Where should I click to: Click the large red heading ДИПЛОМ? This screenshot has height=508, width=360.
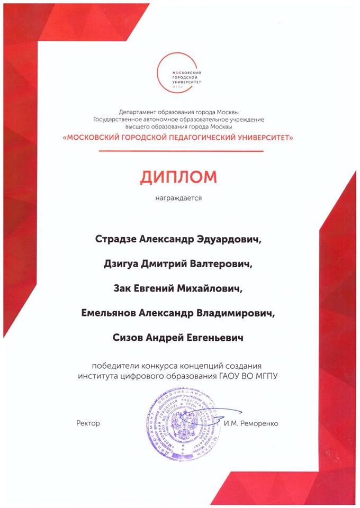coord(178,177)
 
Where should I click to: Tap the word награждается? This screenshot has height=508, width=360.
coord(178,200)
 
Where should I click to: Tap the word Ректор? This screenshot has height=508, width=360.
coord(88,423)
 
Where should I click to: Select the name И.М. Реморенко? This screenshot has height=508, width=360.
coord(250,423)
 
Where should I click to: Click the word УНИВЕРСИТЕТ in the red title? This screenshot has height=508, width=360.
coord(261,137)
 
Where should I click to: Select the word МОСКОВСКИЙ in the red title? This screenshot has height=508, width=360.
coord(95,137)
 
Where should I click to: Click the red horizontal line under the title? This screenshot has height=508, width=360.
coord(178,151)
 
